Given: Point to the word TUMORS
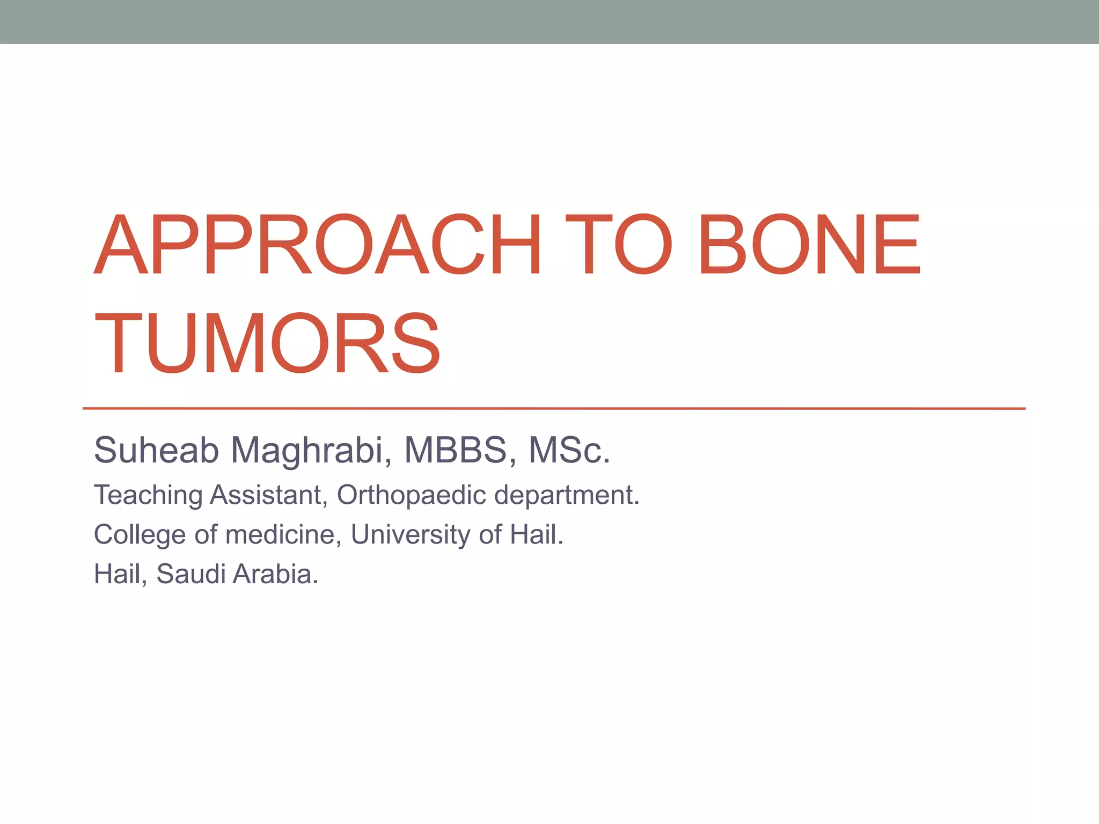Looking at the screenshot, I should [267, 343].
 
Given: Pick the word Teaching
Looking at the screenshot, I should [148, 495].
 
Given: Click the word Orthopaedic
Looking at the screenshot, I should [411, 495].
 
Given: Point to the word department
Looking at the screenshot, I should [566, 495].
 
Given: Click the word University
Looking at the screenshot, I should [411, 534].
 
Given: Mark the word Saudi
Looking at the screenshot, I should [191, 574].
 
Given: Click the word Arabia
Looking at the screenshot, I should [275, 574].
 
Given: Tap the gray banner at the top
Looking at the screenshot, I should [549, 21].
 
